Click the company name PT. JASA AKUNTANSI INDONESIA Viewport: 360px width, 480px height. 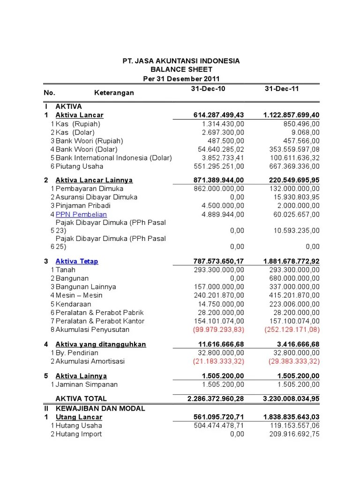coord(181,61)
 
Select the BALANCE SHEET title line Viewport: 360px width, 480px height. coord(181,69)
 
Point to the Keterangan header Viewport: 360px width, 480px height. coord(114,93)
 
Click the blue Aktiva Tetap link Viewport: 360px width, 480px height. coord(77,261)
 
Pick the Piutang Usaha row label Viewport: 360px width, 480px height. coord(79,166)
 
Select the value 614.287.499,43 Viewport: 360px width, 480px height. coord(218,115)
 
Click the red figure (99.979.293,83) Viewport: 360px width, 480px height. coord(218,330)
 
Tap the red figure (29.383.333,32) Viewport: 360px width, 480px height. coord(294,361)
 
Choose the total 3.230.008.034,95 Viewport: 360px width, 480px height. coord(291,398)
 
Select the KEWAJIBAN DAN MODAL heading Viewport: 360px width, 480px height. coord(100,408)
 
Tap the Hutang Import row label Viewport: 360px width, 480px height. coord(78,434)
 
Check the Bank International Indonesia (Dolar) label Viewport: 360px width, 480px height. coord(113,157)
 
